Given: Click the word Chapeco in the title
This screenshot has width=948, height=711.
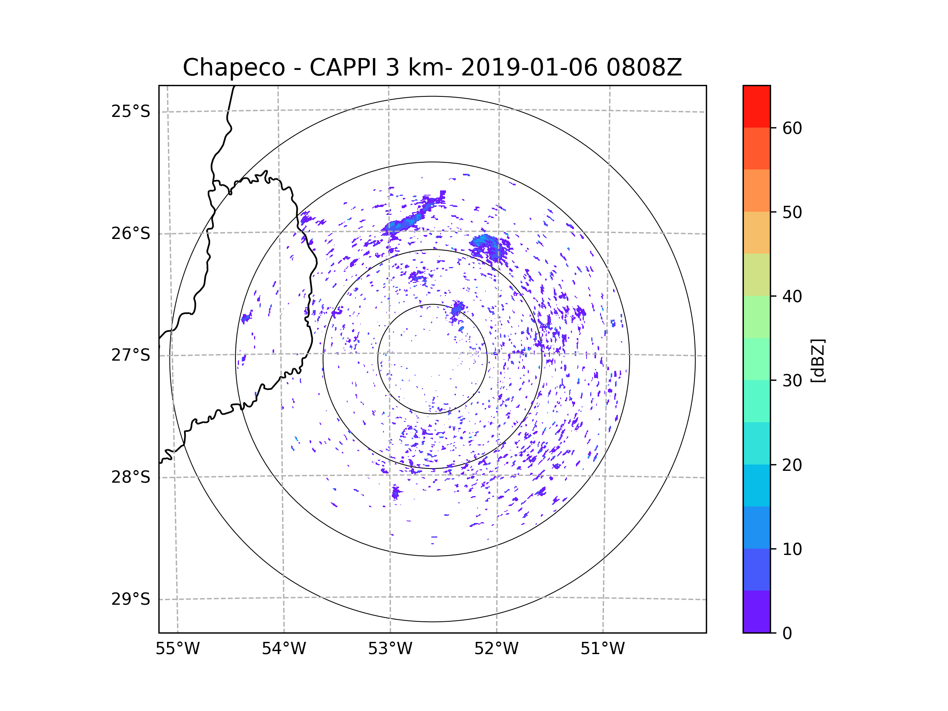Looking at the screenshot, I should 233,68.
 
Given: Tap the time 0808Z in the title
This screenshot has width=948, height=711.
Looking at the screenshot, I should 644,68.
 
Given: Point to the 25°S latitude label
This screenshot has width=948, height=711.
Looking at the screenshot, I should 131,111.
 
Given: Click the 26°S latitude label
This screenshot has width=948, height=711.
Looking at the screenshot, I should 131,233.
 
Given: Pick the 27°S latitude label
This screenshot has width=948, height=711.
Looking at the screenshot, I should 131,355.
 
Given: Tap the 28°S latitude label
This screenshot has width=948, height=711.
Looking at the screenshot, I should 131,477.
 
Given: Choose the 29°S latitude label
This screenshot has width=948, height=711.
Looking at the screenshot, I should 131,599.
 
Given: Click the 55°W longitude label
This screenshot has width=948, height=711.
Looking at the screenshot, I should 177,649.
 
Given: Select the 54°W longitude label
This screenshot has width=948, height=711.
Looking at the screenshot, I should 284,649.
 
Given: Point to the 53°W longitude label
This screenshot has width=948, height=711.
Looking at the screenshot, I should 390,649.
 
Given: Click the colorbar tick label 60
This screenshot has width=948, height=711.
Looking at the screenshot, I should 792,128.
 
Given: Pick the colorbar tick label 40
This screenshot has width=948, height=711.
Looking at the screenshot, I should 792,297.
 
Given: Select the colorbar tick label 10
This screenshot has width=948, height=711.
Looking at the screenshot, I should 792,549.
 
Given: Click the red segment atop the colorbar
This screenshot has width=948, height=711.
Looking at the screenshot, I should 756,107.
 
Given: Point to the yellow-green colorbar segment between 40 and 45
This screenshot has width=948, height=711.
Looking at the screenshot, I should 756,275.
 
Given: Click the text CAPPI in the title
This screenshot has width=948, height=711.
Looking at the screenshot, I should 343,68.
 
